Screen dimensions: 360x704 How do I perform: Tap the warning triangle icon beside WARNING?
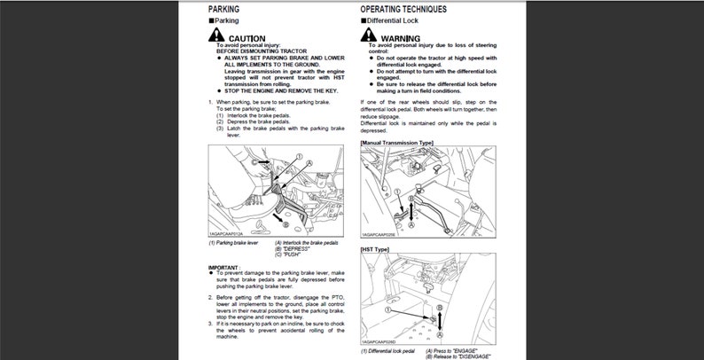pos(369,35)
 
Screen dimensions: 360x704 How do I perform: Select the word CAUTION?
pos(246,38)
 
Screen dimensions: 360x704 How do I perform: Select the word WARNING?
pos(401,38)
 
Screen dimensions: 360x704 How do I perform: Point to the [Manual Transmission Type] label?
pos(397,142)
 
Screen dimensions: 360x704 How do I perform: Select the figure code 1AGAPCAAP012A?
pos(227,233)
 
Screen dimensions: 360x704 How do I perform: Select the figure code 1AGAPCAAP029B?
pos(379,235)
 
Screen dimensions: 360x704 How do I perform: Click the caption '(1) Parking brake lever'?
pos(232,242)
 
